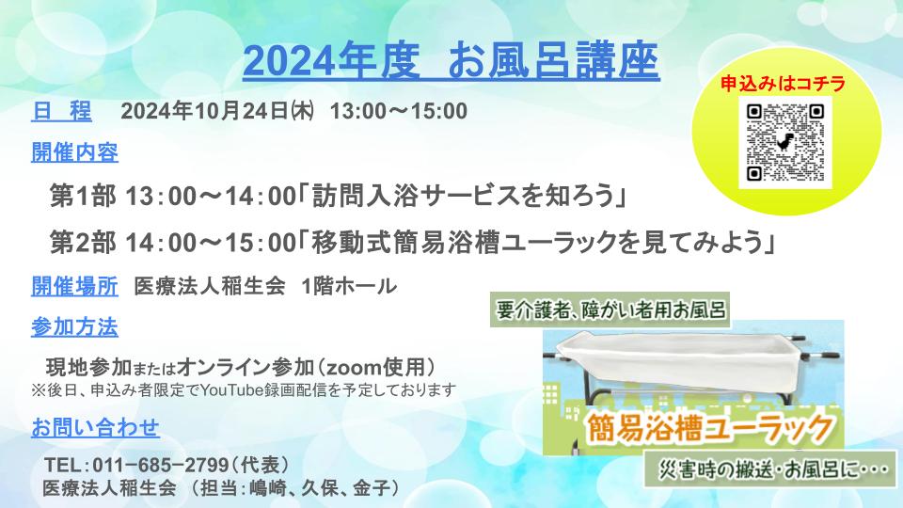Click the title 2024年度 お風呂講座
451,60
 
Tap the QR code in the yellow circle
784,142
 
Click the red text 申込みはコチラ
784,84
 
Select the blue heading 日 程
61,111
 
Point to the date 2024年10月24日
204,111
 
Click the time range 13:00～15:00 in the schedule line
399,111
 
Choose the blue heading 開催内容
74,152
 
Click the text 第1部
83,197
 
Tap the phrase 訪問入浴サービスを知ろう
464,197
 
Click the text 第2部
83,243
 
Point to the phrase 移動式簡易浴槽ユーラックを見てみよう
538,243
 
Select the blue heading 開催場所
74,286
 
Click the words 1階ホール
349,286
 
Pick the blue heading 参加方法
74,327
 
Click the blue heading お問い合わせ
95,428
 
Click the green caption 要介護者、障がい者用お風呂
610,310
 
